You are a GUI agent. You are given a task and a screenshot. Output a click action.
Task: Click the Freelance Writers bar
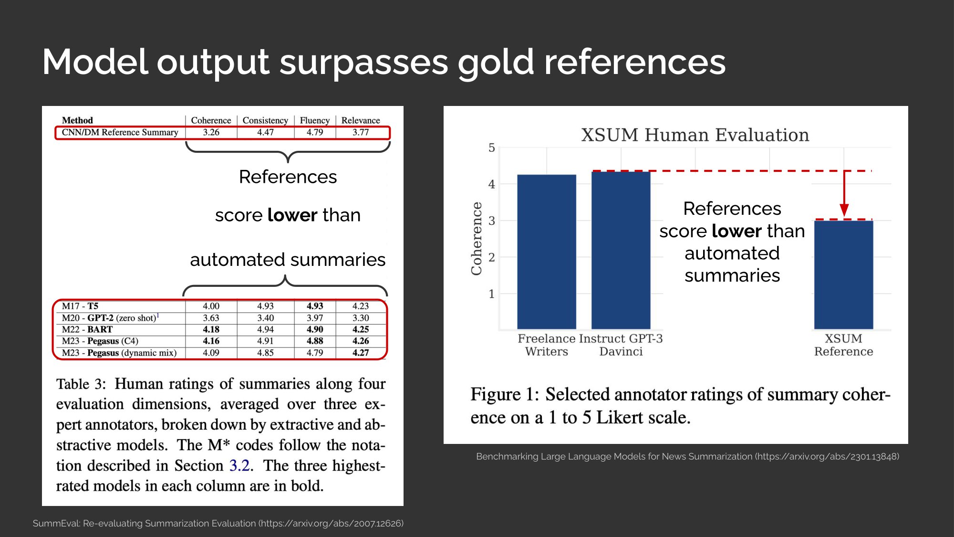[x=547, y=252]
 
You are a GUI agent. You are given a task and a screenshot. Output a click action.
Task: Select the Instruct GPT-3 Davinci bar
[x=621, y=250]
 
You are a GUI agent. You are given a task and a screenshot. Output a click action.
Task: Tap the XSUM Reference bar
[x=844, y=275]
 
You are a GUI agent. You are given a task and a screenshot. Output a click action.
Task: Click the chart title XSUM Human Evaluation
[x=695, y=135]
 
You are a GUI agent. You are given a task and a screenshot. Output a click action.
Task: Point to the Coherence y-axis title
[x=477, y=238]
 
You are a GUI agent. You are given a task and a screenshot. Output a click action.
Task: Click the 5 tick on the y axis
[x=492, y=148]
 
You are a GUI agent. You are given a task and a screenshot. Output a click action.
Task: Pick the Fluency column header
[x=315, y=120]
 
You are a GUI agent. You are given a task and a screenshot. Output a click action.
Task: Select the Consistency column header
[x=265, y=120]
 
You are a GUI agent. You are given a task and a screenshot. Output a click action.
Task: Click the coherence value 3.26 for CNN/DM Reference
[x=211, y=132]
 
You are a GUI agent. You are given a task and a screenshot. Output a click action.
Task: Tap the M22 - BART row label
[x=87, y=329]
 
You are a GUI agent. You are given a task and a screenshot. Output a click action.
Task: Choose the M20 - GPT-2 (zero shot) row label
[x=111, y=317]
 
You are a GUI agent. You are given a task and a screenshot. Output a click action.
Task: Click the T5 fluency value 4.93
[x=315, y=306]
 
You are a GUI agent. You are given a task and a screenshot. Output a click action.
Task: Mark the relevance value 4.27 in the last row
[x=361, y=353]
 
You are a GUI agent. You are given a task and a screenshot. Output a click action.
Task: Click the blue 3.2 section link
[x=240, y=465]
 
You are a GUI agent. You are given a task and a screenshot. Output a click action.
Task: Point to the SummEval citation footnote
[x=218, y=523]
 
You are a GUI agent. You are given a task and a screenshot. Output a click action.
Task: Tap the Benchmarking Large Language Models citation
[x=688, y=456]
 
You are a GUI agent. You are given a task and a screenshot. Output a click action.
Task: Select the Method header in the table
[x=77, y=120]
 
